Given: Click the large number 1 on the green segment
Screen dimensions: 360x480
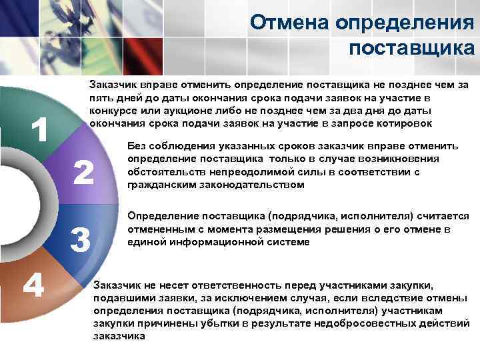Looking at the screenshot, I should coord(39,129).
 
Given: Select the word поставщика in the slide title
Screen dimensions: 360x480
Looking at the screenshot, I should coord(411,48).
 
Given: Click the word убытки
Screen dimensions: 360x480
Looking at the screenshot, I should coord(283,324).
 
